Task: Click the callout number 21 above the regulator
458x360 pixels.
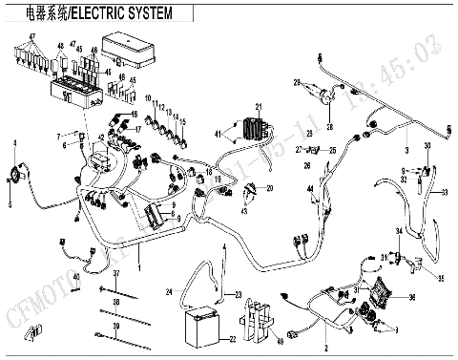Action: coord(257,106)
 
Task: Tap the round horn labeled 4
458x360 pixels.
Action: coord(16,175)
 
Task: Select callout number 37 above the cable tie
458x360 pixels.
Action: coord(115,275)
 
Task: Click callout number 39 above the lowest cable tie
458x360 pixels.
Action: coord(115,327)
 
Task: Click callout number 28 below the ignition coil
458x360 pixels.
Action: coord(331,126)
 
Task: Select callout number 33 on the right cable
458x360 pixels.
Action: coord(445,192)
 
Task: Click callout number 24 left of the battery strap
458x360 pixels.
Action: coord(169,290)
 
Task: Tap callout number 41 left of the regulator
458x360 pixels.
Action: coord(218,133)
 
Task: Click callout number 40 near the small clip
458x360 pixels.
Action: coord(63,249)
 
